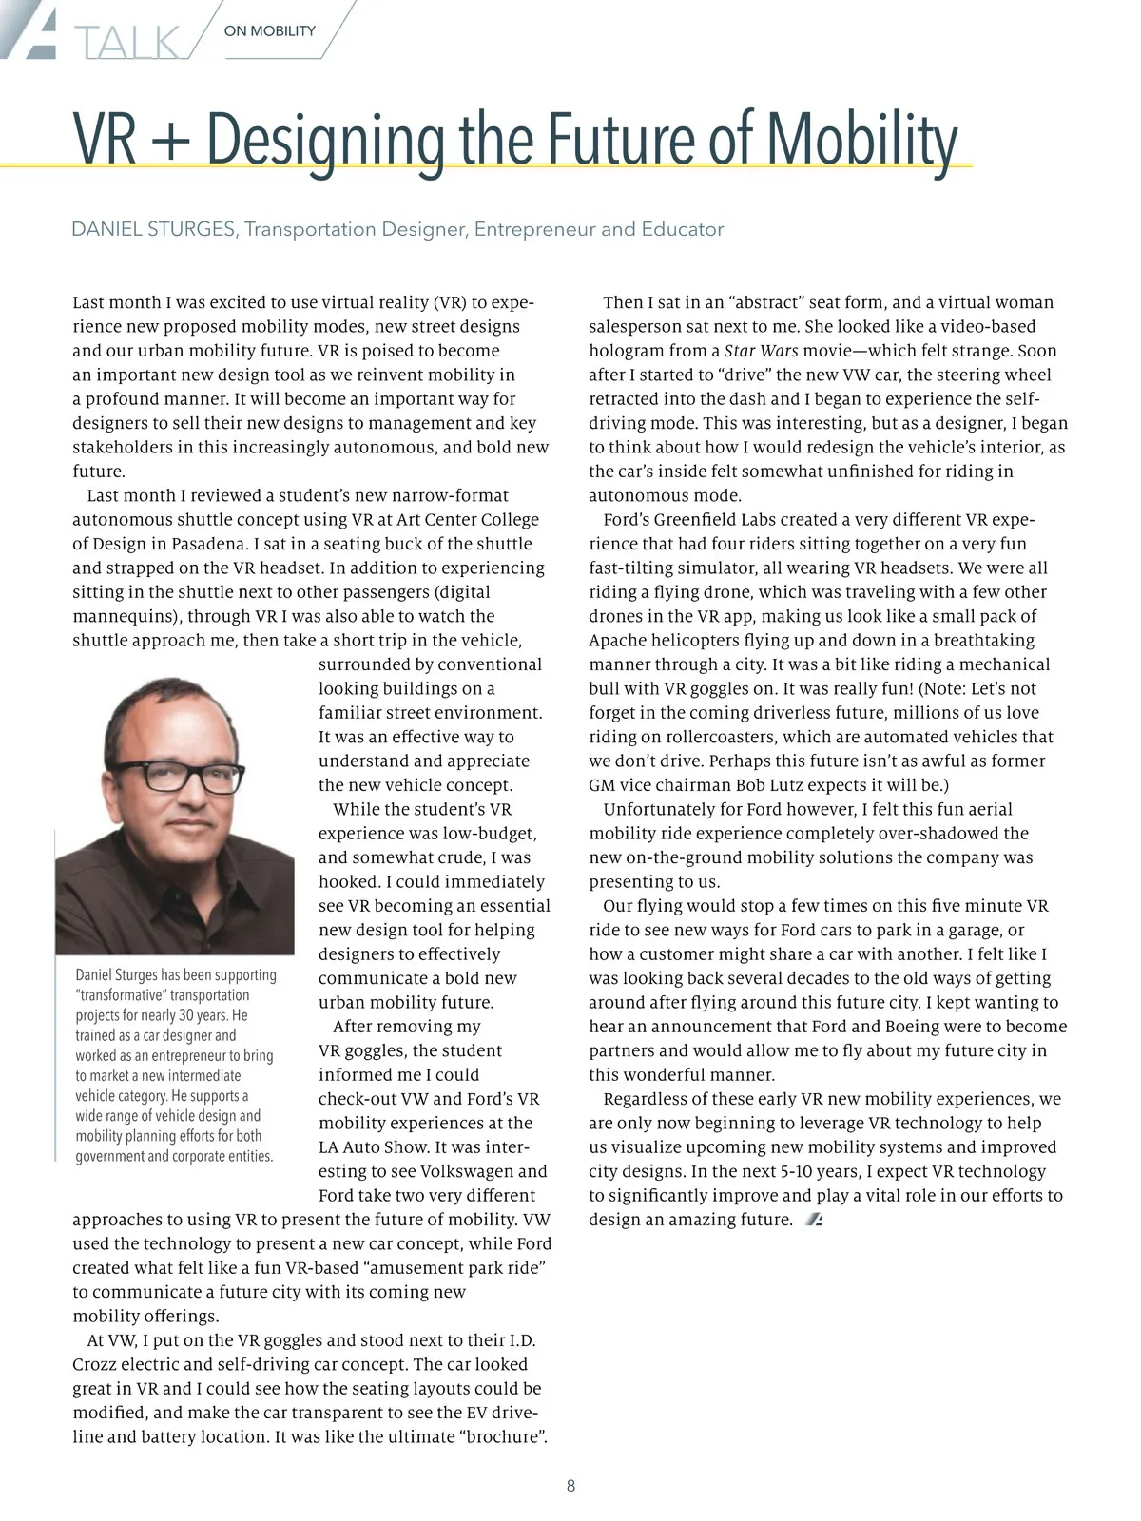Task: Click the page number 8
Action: pos(570,1486)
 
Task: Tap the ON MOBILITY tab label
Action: pos(270,31)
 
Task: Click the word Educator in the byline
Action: pos(683,229)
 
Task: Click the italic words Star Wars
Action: pos(761,351)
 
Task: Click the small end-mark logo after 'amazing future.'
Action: pos(813,1220)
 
